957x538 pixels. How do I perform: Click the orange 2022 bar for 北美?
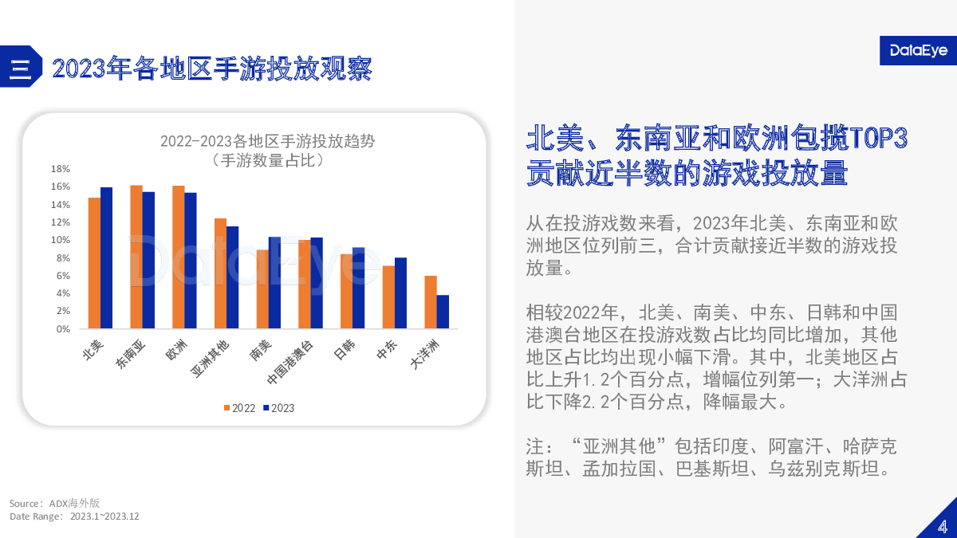[94, 263]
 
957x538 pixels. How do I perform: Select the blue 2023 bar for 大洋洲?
[443, 312]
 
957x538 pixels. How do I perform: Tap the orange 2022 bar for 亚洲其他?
[220, 273]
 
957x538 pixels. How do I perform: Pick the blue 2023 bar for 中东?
[400, 293]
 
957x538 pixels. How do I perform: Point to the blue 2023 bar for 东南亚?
[148, 261]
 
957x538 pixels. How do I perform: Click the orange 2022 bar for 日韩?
[346, 292]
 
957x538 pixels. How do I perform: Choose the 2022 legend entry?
[240, 408]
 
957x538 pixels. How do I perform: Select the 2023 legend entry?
[278, 408]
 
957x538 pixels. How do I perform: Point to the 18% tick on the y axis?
[61, 169]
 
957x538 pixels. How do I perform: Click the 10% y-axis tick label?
[61, 240]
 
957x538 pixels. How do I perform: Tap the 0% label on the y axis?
[63, 328]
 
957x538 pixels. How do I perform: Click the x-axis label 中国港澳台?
[290, 363]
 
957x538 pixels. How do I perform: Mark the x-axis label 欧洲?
[176, 350]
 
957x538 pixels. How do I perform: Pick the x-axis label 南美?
[261, 350]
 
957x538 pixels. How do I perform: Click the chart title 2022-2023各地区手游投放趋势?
[267, 141]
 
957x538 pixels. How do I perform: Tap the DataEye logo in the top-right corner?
[918, 50]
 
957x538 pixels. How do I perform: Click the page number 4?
[943, 527]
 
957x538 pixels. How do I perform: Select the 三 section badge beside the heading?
[21, 67]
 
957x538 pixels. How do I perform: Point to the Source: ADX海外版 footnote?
[55, 504]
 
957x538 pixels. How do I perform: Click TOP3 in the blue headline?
[878, 138]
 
